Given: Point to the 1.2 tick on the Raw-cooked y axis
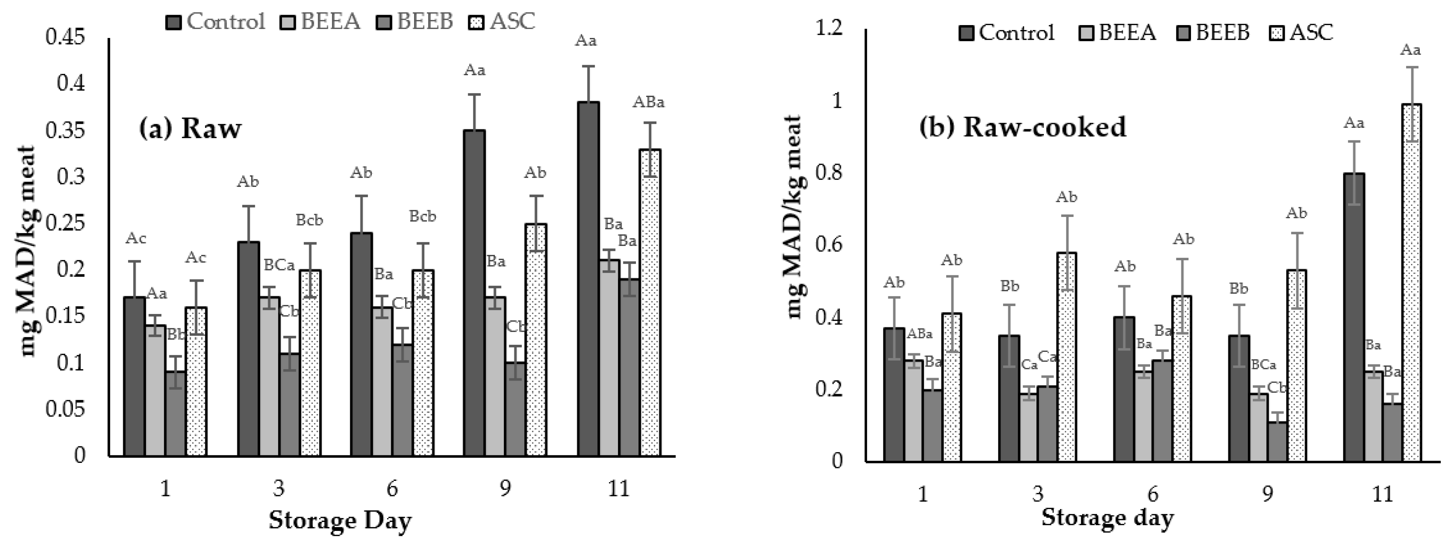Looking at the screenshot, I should coord(829,28).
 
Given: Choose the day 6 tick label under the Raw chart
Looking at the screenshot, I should coord(392,488).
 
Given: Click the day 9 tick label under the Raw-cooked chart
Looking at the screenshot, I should coord(1267,494).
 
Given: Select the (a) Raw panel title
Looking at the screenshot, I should coord(190,128).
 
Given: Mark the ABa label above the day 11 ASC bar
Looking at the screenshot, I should coord(648,102).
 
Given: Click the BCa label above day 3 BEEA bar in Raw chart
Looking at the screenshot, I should coord(279,265).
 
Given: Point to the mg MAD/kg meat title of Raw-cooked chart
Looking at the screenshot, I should coord(793,217).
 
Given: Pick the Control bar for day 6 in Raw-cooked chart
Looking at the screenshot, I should coord(1124,388).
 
